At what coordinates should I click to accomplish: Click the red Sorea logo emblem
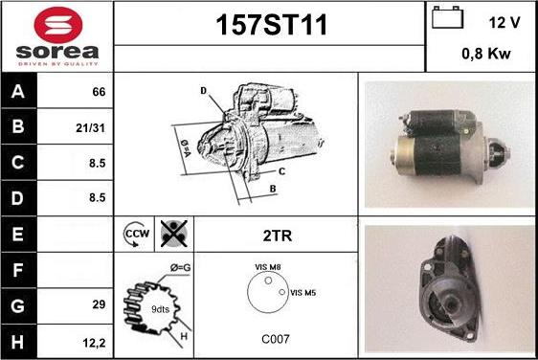(x=58, y=25)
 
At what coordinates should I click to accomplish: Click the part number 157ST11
(x=271, y=25)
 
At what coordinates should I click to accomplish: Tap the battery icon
(x=447, y=17)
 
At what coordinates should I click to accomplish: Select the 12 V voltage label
(x=504, y=23)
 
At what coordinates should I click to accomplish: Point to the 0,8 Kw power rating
(x=486, y=54)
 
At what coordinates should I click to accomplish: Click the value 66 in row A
(x=99, y=92)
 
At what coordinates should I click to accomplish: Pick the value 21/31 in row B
(x=90, y=128)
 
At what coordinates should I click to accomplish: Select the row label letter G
(x=17, y=305)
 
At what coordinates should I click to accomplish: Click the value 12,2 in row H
(x=94, y=343)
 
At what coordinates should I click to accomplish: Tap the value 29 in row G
(x=99, y=304)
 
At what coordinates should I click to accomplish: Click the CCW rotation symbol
(x=136, y=234)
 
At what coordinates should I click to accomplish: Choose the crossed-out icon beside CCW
(x=174, y=234)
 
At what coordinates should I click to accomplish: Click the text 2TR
(x=278, y=236)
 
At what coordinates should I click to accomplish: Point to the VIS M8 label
(x=268, y=267)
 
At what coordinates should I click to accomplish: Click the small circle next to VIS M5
(x=282, y=292)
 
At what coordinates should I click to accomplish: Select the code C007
(x=276, y=339)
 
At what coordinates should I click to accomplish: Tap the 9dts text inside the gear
(x=160, y=309)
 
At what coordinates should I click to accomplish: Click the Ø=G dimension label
(x=181, y=267)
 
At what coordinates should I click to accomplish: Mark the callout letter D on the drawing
(x=204, y=91)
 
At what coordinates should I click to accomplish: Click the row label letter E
(x=17, y=234)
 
